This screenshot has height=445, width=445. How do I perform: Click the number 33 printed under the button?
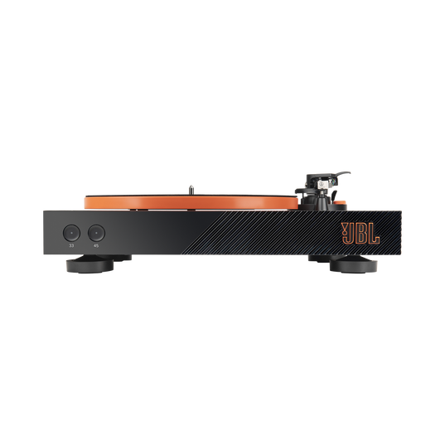[72, 245]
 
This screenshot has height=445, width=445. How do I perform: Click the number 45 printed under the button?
[96, 245]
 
